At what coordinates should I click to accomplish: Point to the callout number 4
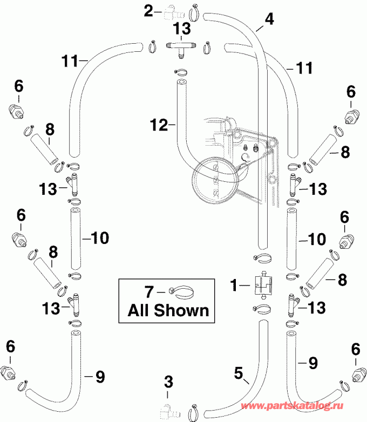268,19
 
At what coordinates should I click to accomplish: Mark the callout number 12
158,124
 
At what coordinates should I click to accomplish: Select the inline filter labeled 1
261,283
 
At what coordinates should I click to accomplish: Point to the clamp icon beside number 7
182,291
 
